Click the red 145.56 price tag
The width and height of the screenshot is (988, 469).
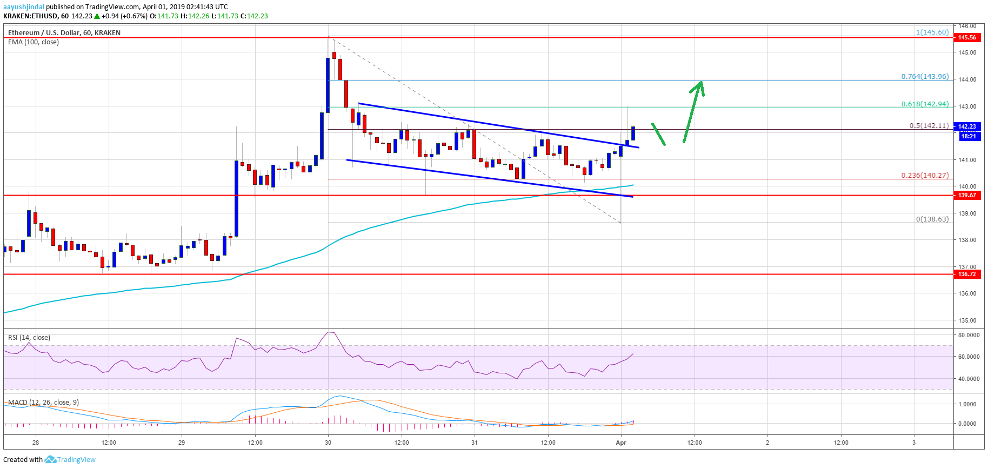coord(967,37)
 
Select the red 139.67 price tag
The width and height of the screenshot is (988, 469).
coord(967,195)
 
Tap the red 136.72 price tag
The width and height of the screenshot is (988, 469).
coord(967,274)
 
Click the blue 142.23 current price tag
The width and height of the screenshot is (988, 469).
coord(967,126)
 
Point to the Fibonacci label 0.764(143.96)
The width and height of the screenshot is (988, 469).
coord(925,76)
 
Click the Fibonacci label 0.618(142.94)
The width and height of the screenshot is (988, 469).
coord(925,104)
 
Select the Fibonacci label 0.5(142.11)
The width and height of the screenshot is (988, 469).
coord(929,125)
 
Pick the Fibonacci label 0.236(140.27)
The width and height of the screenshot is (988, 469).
coord(925,175)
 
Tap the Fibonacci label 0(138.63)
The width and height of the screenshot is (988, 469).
coord(932,219)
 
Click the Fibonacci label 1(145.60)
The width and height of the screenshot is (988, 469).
coord(932,32)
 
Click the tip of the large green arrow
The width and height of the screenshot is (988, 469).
coord(701,82)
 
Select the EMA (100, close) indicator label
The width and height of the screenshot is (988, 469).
coord(34,42)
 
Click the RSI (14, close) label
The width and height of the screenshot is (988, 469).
coord(29,338)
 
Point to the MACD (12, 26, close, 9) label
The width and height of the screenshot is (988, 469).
coord(43,403)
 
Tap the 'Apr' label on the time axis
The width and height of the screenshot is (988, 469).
coord(621,443)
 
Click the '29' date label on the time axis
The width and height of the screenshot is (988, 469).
coord(182,443)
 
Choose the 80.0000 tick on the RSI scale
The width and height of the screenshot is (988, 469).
coord(969,335)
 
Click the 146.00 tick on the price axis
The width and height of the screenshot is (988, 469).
coord(967,26)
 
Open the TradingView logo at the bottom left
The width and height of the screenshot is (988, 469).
coord(70,459)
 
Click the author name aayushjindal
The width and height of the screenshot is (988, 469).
coord(24,7)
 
